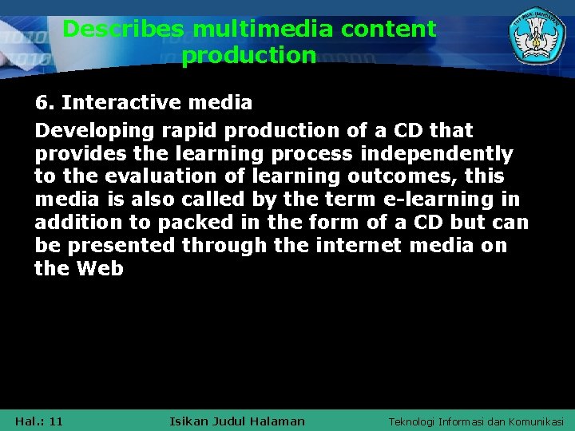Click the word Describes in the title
point(124,30)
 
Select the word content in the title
point(388,30)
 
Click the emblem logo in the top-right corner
point(537,38)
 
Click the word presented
point(126,246)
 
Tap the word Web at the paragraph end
point(100,269)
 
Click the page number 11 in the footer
point(55,421)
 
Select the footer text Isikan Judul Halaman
point(237,421)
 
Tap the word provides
point(74,153)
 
